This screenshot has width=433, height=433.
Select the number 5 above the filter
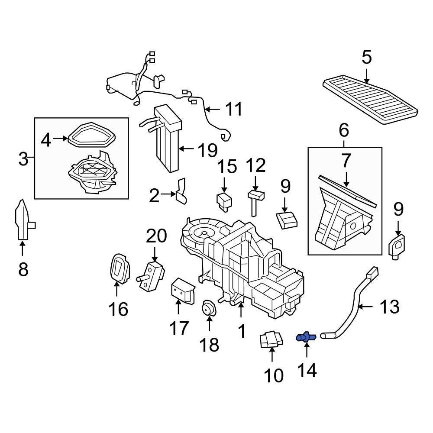[367, 58]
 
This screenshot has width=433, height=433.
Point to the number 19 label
[207, 150]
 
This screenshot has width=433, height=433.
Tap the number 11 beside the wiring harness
[234, 109]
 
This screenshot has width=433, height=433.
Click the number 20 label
[156, 236]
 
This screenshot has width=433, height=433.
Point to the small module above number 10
[271, 339]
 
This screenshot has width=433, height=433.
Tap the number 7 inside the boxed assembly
[346, 161]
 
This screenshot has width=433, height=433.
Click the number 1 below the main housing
[242, 331]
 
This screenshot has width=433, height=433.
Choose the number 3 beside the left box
[23, 159]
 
